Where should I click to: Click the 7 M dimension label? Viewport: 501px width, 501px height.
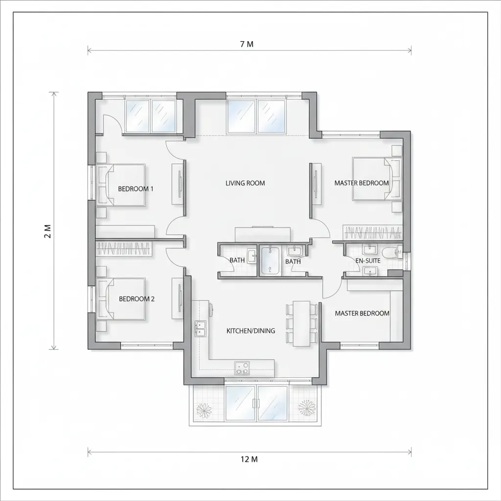(247, 44)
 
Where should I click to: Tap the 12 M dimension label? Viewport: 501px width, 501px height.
(249, 459)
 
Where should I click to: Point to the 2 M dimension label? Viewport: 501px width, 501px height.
(47, 231)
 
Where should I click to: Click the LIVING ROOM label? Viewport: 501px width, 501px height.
(245, 183)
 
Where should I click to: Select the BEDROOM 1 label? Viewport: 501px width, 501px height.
(136, 189)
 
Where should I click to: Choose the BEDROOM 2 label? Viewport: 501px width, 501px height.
(137, 299)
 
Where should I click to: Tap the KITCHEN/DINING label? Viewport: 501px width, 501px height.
(251, 331)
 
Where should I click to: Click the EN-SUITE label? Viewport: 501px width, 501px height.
(368, 261)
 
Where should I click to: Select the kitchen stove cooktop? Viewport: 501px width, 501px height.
(242, 367)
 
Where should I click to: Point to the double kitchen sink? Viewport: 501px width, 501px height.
(200, 329)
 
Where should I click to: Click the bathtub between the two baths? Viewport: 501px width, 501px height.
(270, 260)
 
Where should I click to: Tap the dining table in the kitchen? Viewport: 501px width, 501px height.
(301, 323)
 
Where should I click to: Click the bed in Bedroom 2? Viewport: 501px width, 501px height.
(121, 298)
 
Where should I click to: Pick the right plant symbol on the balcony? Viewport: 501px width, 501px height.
(307, 408)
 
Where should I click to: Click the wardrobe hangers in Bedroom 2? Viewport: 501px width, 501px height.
(124, 248)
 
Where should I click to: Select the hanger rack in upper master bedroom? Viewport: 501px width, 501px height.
(372, 232)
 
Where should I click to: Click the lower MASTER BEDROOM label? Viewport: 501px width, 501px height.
(362, 314)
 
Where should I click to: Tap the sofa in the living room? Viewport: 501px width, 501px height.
(263, 234)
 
